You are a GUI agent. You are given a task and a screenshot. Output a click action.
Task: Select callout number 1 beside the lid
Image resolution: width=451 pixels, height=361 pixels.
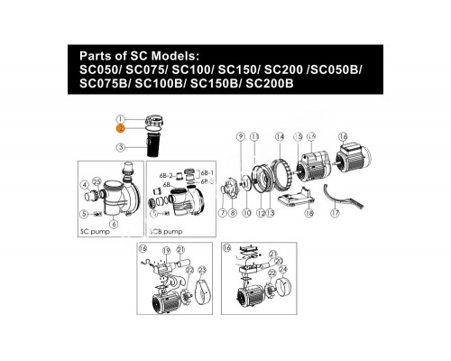[119, 119]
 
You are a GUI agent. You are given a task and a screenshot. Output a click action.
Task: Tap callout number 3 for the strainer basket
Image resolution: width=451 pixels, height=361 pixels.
[119, 146]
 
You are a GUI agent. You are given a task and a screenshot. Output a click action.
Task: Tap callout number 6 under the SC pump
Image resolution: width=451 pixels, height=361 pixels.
[114, 223]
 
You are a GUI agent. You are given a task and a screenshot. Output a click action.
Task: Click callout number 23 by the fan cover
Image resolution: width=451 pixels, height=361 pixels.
[201, 270]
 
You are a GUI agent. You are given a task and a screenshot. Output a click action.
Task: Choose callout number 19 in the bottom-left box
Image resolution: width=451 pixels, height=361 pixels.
[165, 249]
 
